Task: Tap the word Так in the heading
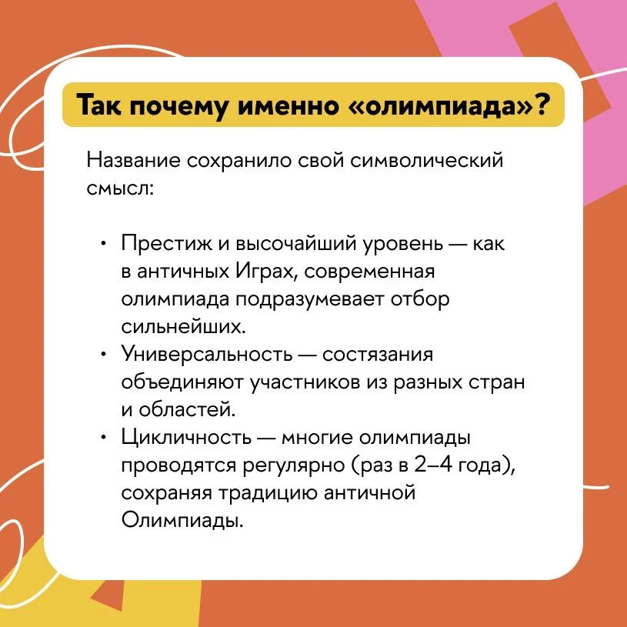[x=98, y=105]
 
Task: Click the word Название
[x=134, y=161]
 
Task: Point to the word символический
[x=426, y=161]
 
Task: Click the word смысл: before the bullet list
[x=120, y=188]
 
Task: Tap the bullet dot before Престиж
[x=104, y=243]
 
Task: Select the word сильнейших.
[x=183, y=327]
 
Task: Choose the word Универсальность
[x=207, y=355]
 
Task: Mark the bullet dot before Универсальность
[x=104, y=355]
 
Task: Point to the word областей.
[x=187, y=409]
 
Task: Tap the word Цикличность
[x=186, y=438]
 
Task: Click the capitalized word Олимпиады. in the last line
[x=182, y=521]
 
